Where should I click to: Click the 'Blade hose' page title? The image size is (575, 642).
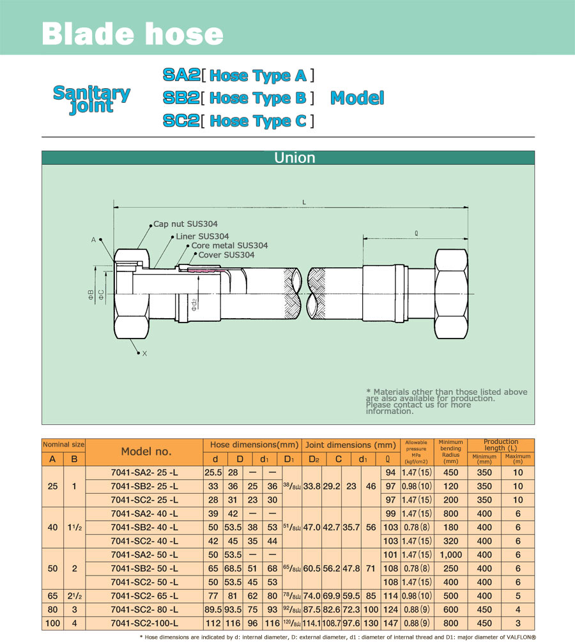(x=132, y=34)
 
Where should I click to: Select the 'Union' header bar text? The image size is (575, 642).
(x=295, y=158)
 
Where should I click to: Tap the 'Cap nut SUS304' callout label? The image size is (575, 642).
(x=185, y=224)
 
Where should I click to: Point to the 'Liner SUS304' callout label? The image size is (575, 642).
(x=203, y=236)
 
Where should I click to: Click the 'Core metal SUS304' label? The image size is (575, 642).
(x=229, y=245)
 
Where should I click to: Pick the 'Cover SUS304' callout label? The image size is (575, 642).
(x=226, y=255)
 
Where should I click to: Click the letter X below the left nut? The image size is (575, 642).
(x=144, y=353)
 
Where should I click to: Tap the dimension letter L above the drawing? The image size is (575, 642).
(x=304, y=203)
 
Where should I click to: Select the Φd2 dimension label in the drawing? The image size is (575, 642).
(x=194, y=304)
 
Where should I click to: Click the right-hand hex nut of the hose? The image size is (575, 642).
(x=451, y=294)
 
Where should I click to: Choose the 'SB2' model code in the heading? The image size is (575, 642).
(x=181, y=98)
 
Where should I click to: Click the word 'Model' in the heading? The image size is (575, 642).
(x=357, y=98)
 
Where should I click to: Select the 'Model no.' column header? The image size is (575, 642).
(x=146, y=452)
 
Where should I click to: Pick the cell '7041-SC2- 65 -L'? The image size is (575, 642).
(x=144, y=596)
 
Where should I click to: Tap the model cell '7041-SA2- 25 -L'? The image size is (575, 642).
(x=144, y=473)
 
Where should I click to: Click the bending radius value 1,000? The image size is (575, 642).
(x=450, y=554)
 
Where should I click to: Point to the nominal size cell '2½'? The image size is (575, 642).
(x=75, y=596)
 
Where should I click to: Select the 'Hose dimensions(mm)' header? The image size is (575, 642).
(x=254, y=445)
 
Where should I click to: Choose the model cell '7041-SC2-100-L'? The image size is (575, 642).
(x=144, y=623)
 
